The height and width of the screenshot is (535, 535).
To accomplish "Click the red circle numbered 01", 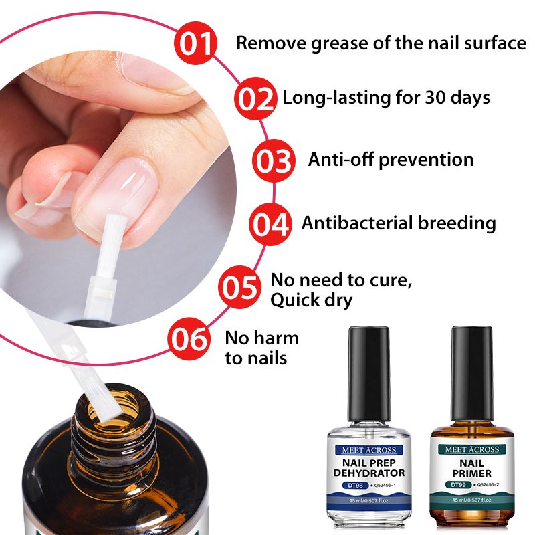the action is (x=195, y=43).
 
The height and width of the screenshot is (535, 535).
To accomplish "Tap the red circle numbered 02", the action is (x=255, y=98).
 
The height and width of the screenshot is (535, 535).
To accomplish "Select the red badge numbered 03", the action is (x=274, y=160).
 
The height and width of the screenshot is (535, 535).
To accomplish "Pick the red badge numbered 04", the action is (x=270, y=224).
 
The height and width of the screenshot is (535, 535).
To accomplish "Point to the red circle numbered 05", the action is (x=239, y=288).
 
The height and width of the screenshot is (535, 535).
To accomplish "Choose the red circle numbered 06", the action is (x=189, y=338).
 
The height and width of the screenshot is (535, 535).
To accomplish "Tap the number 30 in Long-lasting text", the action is (x=435, y=97).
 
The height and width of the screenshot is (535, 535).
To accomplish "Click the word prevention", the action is (x=426, y=160).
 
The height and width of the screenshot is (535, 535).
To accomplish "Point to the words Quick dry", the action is (x=311, y=300).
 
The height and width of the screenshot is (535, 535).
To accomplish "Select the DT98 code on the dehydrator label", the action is (x=355, y=485).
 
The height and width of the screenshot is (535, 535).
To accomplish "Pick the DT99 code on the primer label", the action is (x=458, y=484).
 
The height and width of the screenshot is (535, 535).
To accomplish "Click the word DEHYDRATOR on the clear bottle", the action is (x=369, y=473).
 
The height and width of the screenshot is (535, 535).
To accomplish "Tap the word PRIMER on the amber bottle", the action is (x=471, y=473).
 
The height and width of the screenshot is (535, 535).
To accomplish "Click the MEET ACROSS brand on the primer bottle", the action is (x=471, y=449).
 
